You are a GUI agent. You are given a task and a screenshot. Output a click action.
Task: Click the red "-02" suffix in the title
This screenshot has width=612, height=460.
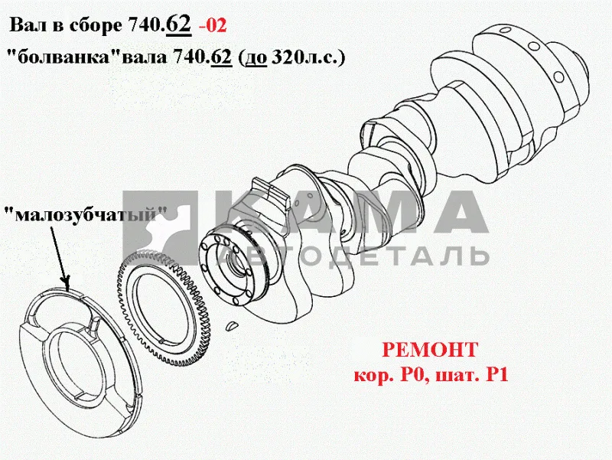click(x=213, y=26)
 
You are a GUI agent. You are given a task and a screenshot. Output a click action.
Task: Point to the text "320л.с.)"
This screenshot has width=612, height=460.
click(x=308, y=58)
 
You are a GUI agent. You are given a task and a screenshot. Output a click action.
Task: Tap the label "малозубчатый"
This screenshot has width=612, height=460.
click(x=85, y=214)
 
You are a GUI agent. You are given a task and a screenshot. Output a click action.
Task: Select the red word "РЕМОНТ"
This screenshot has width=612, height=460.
click(x=430, y=350)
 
